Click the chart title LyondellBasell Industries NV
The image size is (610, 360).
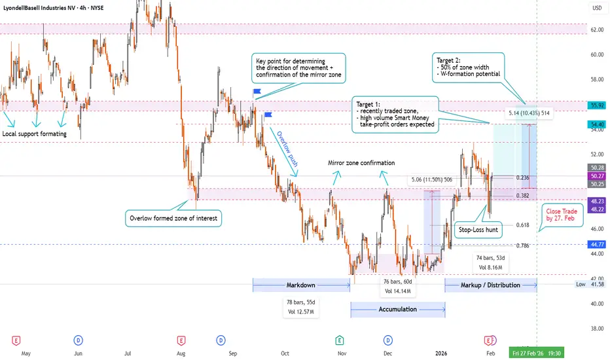point(46,7)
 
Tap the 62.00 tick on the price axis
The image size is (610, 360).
point(596,30)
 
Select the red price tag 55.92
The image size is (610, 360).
point(597,105)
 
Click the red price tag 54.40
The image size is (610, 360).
point(597,124)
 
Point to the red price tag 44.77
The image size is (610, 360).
point(597,244)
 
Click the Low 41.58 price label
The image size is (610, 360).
point(590,285)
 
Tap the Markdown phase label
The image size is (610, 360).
point(301,285)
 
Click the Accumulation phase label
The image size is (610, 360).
point(397,309)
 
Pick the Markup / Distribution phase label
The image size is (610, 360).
point(490,285)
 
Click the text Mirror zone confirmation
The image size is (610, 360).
point(361,163)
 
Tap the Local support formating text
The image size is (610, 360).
point(34,134)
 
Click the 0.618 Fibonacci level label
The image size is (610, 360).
point(522,225)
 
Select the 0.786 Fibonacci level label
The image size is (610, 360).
point(522,245)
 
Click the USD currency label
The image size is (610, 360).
point(597,9)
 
